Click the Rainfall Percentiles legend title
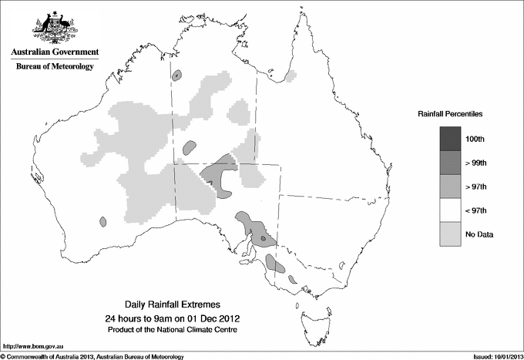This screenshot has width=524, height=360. coord(450,113)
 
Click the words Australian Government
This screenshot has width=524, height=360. coord(55,52)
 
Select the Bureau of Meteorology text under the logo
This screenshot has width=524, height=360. coord(55,67)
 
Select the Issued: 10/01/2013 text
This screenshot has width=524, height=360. coord(497,356)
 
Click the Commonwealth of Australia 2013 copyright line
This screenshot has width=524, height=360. coord(92,356)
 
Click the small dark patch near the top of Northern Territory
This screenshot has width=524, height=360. coord(177,76)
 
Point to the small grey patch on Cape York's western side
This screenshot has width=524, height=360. coord(291,76)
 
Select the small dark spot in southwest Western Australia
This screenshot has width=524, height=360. coord(102,222)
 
